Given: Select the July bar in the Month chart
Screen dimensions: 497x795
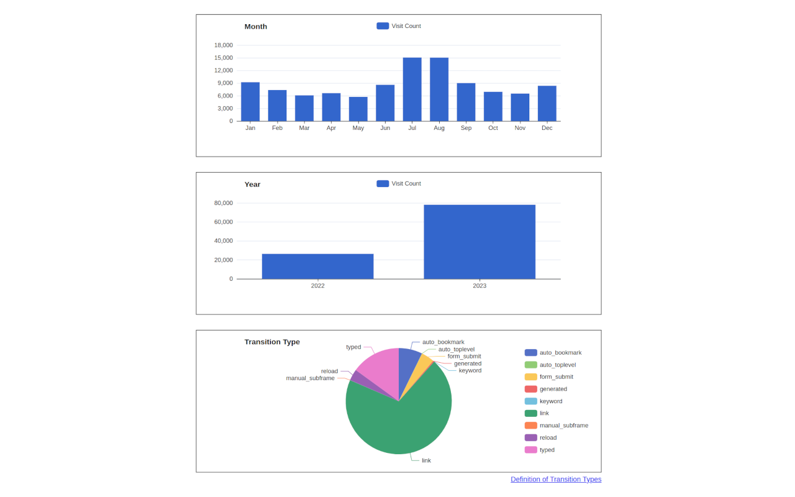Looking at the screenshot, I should (x=412, y=89).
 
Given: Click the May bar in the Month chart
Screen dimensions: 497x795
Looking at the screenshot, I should (x=358, y=109).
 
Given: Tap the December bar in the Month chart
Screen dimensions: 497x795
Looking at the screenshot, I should (x=547, y=103).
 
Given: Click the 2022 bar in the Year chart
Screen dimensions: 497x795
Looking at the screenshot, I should (x=317, y=266).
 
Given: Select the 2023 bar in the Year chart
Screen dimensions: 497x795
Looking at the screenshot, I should (x=479, y=242).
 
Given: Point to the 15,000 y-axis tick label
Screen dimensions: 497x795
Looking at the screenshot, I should (x=224, y=58).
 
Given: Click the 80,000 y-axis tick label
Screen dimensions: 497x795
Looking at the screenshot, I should (x=224, y=203).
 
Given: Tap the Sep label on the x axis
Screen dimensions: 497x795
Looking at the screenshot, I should (x=466, y=128).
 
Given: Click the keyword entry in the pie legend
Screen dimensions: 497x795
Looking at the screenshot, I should (x=550, y=401).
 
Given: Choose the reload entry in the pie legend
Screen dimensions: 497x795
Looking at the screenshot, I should (x=548, y=437).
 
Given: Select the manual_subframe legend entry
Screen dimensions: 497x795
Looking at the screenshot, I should (x=563, y=426).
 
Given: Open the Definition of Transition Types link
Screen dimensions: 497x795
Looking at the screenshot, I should (x=556, y=480).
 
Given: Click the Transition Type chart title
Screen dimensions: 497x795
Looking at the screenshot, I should (x=272, y=342).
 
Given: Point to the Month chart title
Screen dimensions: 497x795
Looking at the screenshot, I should (x=256, y=27).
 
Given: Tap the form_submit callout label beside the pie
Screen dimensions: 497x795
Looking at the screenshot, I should (x=464, y=356).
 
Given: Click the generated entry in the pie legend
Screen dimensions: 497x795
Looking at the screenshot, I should (x=553, y=389).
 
